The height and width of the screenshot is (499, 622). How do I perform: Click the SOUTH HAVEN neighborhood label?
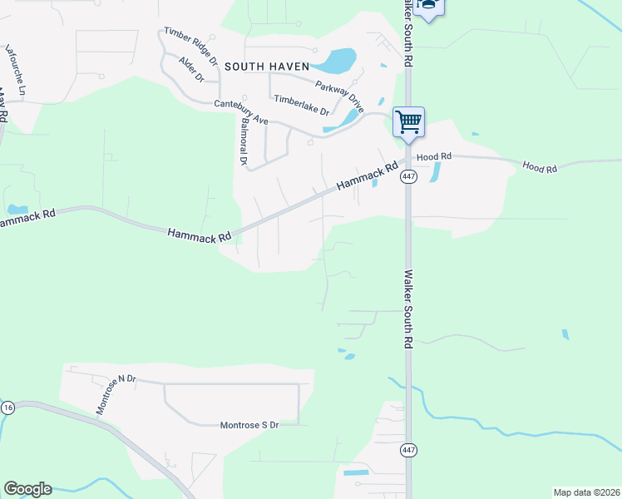click(x=265, y=66)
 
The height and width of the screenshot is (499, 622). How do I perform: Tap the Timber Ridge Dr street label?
click(x=190, y=46)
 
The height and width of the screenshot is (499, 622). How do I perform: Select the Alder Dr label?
click(x=191, y=71)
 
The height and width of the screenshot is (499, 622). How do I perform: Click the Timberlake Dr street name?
click(x=302, y=105)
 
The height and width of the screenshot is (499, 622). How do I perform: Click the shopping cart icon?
click(x=408, y=122)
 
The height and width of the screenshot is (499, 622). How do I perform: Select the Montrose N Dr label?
click(x=115, y=394)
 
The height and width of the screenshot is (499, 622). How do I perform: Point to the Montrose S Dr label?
click(x=249, y=425)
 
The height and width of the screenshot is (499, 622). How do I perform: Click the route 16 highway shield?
click(x=7, y=408)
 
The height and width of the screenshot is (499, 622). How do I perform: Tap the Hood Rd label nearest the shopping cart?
click(x=434, y=156)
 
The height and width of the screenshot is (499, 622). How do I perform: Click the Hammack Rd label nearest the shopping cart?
click(x=366, y=176)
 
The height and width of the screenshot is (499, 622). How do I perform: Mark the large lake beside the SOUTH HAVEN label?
click(x=338, y=60)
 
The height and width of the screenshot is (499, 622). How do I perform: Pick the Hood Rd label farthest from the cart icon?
click(x=539, y=168)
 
